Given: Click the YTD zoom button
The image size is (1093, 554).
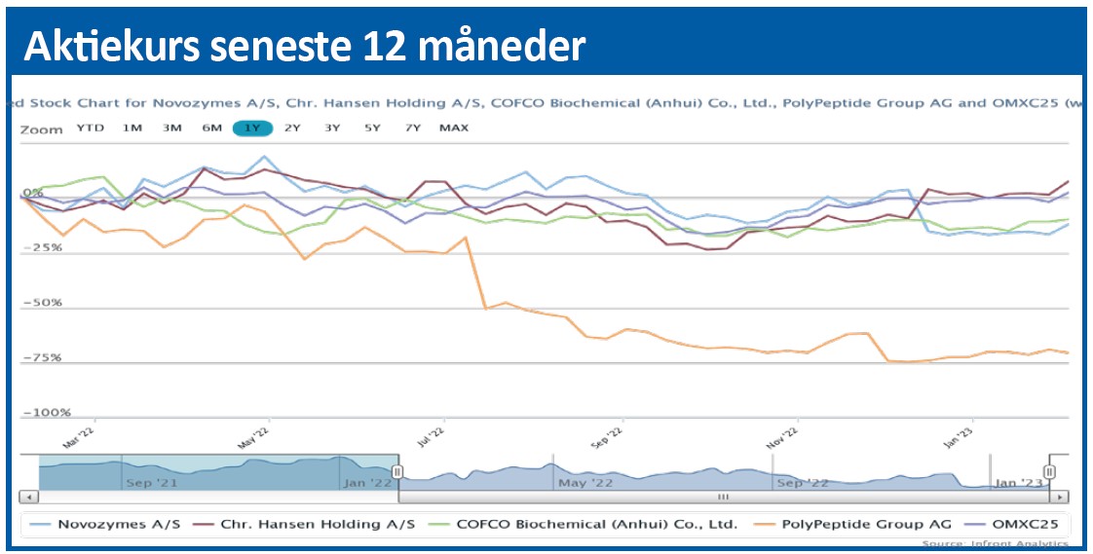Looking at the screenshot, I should (91, 129).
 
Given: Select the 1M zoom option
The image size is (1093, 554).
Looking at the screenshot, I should (132, 129).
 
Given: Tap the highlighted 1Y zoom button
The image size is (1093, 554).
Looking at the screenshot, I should (252, 129).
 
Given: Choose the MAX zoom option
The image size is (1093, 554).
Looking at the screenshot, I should (453, 129).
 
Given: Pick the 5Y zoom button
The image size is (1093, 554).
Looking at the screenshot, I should (372, 129).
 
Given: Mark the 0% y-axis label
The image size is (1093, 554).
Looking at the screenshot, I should (34, 193).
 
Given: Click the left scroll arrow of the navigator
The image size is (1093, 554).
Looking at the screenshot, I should (29, 497).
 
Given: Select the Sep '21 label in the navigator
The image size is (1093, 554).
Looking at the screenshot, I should (151, 482).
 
